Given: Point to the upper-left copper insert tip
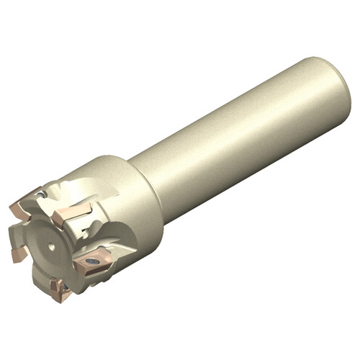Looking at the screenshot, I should (x=22, y=209).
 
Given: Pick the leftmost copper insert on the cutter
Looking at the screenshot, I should (x=18, y=253).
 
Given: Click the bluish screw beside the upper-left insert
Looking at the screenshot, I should (x=42, y=194).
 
